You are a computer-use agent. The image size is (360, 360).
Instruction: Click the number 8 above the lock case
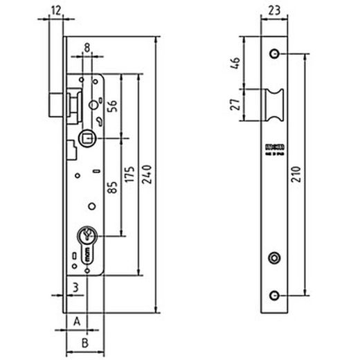[88, 47]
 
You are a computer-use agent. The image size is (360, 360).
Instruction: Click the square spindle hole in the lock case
[87, 138]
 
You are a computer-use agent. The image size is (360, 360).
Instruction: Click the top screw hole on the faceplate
[275, 53]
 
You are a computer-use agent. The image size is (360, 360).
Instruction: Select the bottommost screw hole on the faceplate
[275, 296]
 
